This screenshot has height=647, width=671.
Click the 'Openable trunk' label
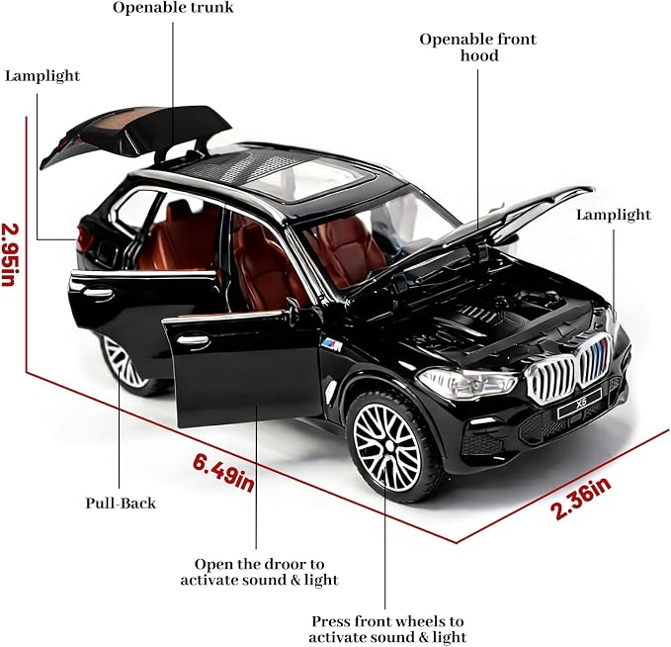click(x=173, y=8)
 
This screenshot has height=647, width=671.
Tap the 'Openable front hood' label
click(x=477, y=47)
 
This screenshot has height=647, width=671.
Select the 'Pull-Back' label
click(x=121, y=503)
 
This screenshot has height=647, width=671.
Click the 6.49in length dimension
click(x=223, y=473)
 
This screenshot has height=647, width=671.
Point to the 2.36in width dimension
click(x=581, y=499)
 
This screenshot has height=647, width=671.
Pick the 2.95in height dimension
click(x=9, y=254)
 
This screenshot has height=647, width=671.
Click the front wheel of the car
click(x=390, y=446)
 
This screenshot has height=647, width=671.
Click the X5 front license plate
click(x=580, y=404)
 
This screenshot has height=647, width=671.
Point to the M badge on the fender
click(x=332, y=343)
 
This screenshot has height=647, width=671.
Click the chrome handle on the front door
click(x=194, y=340)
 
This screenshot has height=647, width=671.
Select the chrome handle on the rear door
click(x=99, y=294)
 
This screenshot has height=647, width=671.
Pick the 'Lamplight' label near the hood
click(x=614, y=215)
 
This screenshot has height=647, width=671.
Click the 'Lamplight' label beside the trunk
click(x=42, y=76)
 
